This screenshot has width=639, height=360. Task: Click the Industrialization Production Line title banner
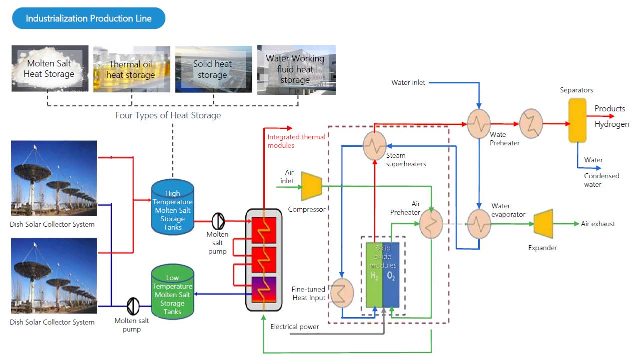click(x=88, y=18)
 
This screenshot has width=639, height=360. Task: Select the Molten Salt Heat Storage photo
click(x=50, y=68)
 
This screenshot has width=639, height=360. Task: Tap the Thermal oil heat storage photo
click(x=131, y=69)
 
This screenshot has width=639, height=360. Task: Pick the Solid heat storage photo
click(x=212, y=69)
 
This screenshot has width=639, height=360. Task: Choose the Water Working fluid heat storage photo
click(x=296, y=69)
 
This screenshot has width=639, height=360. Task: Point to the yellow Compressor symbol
click(x=311, y=187)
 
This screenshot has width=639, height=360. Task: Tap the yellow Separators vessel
click(x=577, y=120)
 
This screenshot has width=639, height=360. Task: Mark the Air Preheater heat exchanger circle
click(x=431, y=224)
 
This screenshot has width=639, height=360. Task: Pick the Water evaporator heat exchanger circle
click(x=479, y=224)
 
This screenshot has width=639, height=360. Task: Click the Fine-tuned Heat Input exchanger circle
click(x=342, y=292)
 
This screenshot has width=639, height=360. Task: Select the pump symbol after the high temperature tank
click(x=218, y=221)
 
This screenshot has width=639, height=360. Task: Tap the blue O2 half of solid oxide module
click(x=391, y=275)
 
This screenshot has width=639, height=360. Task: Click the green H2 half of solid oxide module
click(x=374, y=275)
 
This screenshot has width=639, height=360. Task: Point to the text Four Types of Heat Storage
click(x=168, y=115)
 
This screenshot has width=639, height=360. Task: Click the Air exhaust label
click(x=598, y=224)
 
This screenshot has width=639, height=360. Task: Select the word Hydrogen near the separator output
click(x=612, y=124)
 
